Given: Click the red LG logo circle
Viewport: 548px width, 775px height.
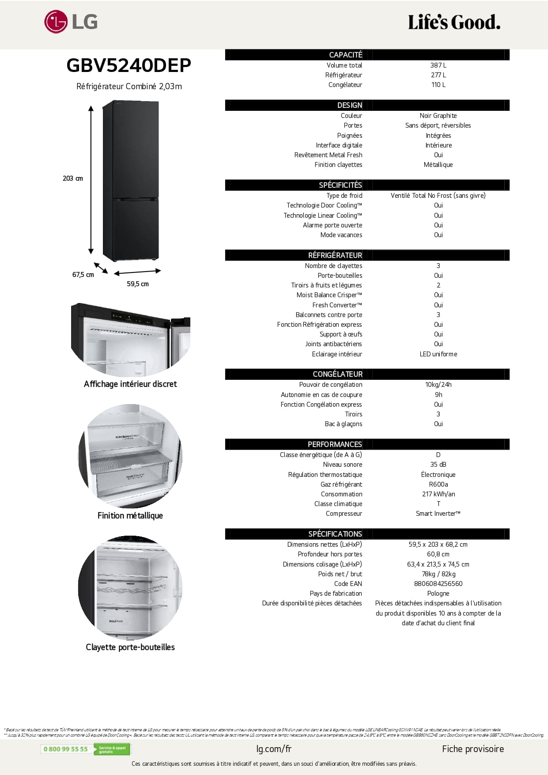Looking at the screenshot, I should [56, 22].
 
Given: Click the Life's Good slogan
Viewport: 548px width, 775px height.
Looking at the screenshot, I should [454, 22].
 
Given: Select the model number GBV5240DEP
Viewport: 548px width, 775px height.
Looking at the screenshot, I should [128, 65].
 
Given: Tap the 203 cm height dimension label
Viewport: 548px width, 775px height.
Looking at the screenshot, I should [73, 178].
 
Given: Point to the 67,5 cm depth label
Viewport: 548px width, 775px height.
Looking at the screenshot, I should [83, 275].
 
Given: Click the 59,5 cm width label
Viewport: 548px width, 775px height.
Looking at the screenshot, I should [138, 284].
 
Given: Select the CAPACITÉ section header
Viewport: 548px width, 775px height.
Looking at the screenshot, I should [345, 55].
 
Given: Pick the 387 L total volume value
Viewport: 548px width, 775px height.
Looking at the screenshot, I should [438, 65].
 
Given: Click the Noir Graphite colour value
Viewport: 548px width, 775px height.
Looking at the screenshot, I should [438, 116].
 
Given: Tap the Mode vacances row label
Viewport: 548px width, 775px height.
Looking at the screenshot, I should [341, 235].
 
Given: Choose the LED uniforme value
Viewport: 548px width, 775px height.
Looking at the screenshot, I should [438, 354].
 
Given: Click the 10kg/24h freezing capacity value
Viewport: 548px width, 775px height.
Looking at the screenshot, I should [438, 385].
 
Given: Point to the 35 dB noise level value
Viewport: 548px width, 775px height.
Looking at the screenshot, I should [438, 465].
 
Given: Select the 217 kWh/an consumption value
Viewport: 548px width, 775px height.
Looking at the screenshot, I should [438, 494].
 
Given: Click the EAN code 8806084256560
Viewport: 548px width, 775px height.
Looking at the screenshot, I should [438, 584].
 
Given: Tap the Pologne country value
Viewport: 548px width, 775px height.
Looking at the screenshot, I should [438, 594].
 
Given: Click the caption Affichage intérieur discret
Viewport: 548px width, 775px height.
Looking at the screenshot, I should [130, 384].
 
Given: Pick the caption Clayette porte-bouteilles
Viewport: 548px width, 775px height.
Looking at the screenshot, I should [130, 647].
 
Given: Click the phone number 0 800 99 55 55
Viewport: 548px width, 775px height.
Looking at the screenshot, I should [66, 749].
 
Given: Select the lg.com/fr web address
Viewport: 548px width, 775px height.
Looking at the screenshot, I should [274, 749].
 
